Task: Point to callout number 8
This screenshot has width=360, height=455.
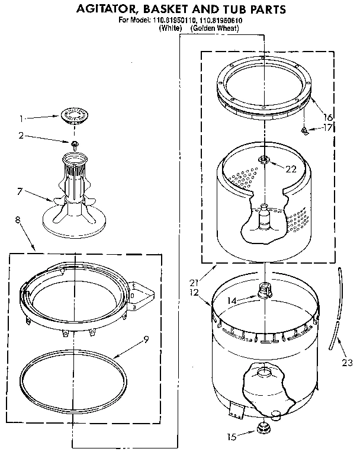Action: click(x=17, y=219)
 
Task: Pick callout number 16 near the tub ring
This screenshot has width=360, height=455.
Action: click(x=327, y=117)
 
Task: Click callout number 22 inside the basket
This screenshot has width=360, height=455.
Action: click(x=290, y=169)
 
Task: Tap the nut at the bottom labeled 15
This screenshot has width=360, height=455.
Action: click(x=261, y=428)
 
